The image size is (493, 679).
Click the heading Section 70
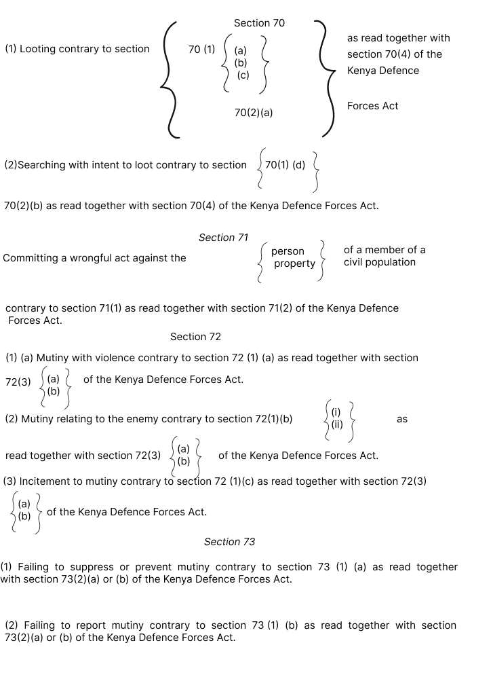pos(259,23)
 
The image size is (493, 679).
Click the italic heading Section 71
pos(223,238)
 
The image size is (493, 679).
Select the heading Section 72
pos(195,337)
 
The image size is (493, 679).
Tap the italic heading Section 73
pos(229,542)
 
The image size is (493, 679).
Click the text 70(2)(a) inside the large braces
pos(254,113)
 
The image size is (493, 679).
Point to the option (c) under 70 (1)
pos(243,75)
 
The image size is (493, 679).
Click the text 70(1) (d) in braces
pos(285,165)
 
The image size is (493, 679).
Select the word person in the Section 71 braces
pos(288,251)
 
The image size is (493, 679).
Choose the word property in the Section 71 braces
pos(294,263)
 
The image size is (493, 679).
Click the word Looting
pos(39,49)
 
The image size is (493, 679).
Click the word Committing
pos(30,258)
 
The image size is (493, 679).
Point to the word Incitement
pos(43,481)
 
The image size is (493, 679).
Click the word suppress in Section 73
pos(106,567)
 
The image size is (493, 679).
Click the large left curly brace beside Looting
pos(167,78)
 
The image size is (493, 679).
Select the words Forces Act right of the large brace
pos(372,106)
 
